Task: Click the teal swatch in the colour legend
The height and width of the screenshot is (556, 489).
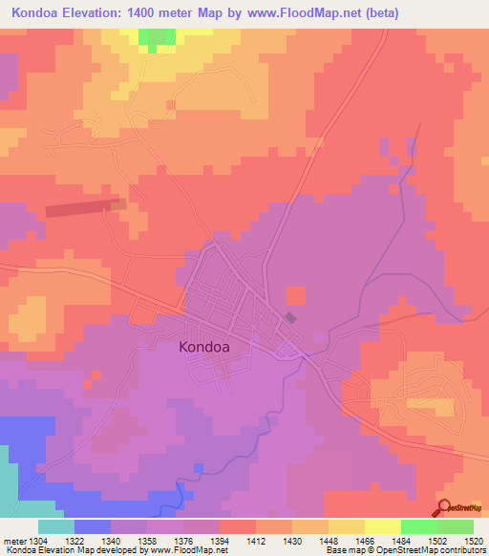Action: pyautogui.click(x=55, y=526)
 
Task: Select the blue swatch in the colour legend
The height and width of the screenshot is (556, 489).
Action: pyautogui.click(x=92, y=526)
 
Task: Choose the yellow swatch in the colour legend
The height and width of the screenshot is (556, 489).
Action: pyautogui.click(x=382, y=526)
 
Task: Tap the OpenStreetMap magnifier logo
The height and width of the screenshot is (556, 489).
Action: pyautogui.click(x=445, y=508)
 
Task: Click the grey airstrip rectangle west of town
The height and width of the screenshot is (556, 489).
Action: pyautogui.click(x=85, y=208)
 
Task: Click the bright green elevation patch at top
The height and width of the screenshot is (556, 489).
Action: pyautogui.click(x=153, y=36)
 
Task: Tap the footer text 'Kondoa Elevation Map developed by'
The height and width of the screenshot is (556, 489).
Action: pyautogui.click(x=72, y=551)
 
